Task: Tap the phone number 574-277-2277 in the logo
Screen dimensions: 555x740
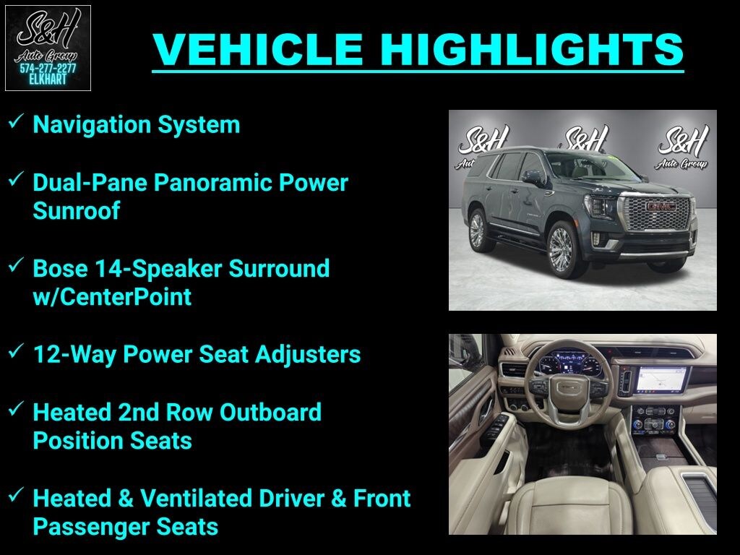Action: click(x=48, y=69)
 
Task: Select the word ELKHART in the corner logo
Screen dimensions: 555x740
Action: click(x=48, y=79)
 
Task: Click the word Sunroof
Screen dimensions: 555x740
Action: click(x=76, y=211)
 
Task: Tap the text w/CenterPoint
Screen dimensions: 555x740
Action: click(x=112, y=296)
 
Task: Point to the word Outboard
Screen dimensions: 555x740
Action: click(x=270, y=412)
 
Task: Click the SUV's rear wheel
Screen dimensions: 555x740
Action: click(x=478, y=230)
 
